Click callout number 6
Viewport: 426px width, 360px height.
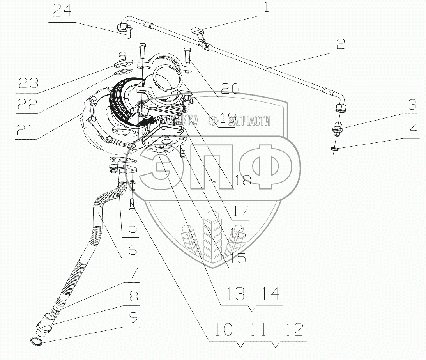127,249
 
